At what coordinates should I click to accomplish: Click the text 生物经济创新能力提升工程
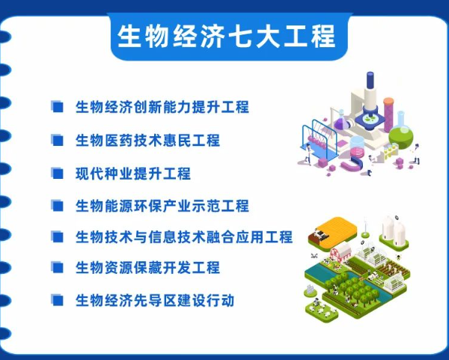pos(162,107)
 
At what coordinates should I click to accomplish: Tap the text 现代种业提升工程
pos(132,173)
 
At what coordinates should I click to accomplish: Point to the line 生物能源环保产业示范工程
pos(162,205)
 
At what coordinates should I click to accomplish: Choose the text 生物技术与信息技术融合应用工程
pos(183,237)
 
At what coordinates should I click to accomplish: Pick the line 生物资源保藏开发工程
pos(147,267)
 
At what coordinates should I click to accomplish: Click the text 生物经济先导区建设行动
pos(155,300)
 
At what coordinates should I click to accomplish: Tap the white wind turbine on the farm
pos(364,225)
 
